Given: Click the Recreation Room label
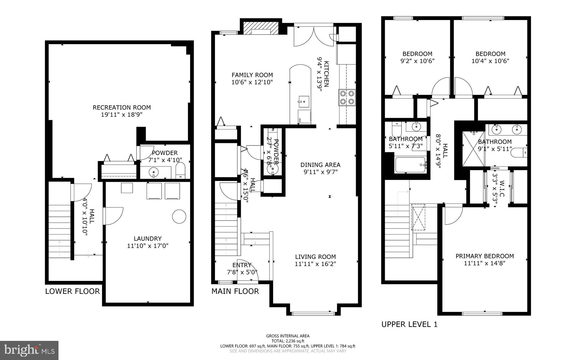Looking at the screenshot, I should [x=122, y=108].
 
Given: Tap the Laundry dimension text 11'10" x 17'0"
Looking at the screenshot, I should [x=148, y=246].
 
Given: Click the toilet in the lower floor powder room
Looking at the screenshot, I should [x=180, y=171].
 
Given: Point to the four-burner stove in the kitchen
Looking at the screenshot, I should [x=347, y=97].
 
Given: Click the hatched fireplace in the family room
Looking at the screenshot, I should [x=260, y=28].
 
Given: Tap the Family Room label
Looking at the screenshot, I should [x=252, y=75].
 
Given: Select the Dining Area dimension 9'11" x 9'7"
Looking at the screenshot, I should [x=320, y=172].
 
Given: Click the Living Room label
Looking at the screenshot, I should [x=315, y=257].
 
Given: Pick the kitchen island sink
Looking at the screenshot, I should [x=304, y=101].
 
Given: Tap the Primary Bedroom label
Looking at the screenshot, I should [x=485, y=256].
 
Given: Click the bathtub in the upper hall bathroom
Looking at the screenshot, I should [x=410, y=165].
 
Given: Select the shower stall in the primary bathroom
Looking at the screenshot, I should [x=474, y=149].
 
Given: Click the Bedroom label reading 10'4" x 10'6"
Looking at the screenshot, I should [x=490, y=54].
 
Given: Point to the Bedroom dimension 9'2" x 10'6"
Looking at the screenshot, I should [x=417, y=61].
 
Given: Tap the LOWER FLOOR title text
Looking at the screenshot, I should [x=73, y=291].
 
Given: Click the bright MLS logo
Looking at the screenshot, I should [x=29, y=350].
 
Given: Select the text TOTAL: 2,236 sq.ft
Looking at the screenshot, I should [x=288, y=341].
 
